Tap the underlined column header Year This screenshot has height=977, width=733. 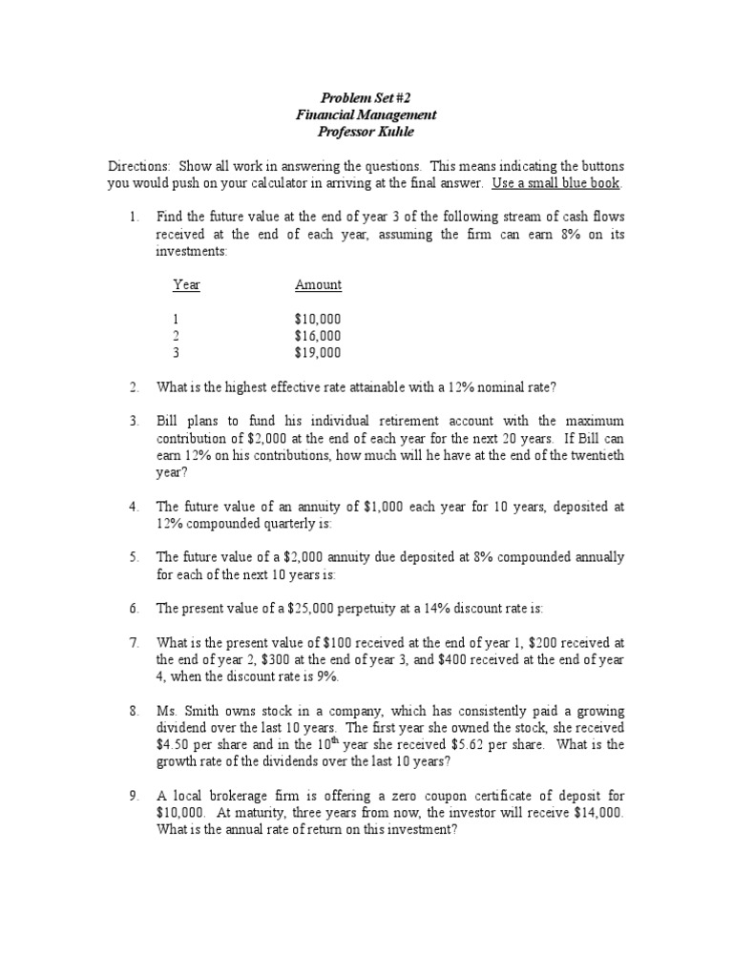[186, 285]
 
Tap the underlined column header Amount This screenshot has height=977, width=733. [318, 285]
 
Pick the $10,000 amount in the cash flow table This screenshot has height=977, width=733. [318, 319]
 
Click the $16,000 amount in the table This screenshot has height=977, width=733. [318, 336]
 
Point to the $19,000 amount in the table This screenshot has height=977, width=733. [318, 353]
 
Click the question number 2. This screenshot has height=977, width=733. [135, 386]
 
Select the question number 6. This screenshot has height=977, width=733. [135, 608]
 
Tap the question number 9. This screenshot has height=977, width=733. [135, 796]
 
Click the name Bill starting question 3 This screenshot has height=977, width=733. [168, 421]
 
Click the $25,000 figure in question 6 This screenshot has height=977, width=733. [277, 608]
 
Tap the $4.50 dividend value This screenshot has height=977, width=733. [175, 745]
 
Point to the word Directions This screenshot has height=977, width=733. [137, 165]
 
